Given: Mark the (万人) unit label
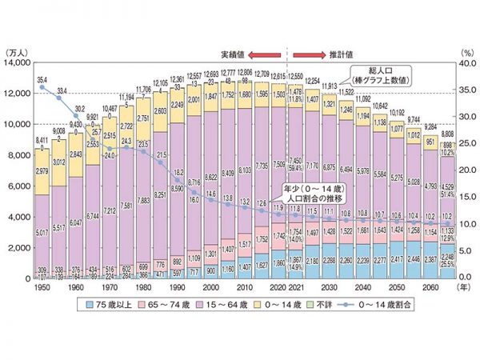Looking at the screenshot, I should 17,51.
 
